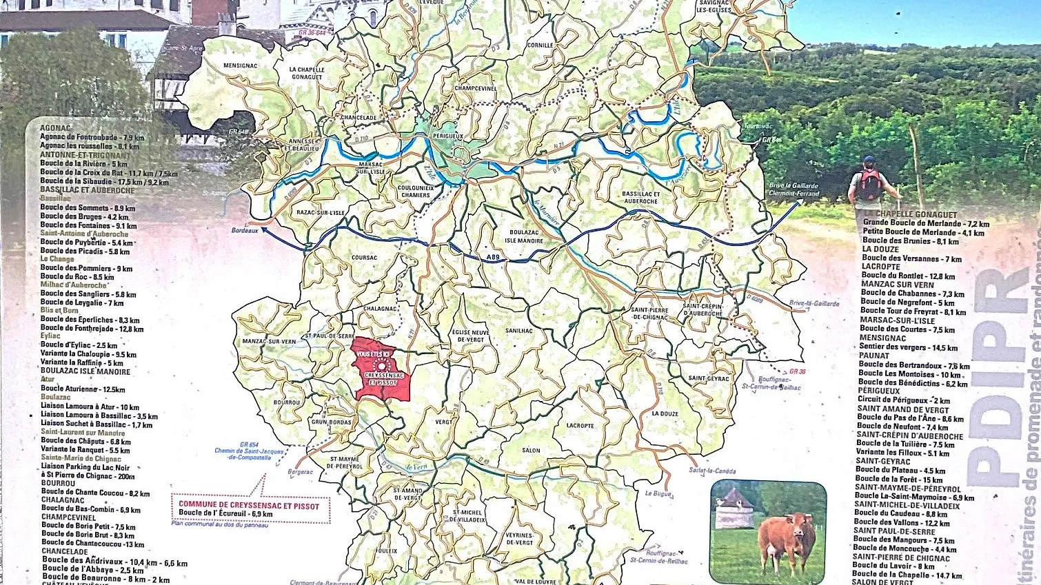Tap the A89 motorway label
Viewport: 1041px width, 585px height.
point(492,258)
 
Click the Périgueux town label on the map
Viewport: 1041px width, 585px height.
point(447,136)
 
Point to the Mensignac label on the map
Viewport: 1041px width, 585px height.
point(241,66)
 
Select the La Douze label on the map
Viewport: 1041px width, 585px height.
point(665,414)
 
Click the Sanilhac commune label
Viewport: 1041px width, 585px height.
point(519,331)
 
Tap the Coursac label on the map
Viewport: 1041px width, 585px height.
point(364,258)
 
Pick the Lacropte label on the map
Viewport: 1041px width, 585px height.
point(580,426)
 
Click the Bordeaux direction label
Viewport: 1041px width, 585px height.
point(245,231)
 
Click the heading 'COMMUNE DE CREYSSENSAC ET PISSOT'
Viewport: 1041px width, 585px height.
point(249,506)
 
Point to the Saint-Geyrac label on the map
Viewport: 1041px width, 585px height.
point(709,378)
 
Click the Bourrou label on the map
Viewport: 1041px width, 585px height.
point(287,402)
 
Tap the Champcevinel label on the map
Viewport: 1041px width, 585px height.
point(476,88)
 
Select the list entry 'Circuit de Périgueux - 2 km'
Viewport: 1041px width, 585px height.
point(903,400)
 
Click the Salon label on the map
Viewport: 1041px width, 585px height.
point(531,451)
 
